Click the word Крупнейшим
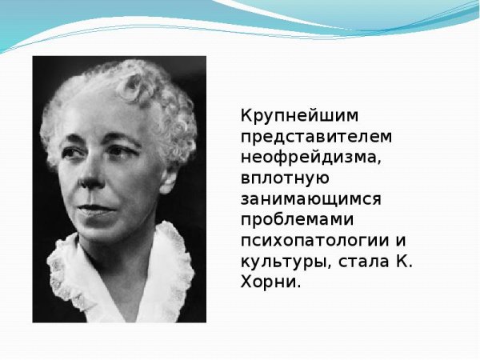(x=286, y=114)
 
